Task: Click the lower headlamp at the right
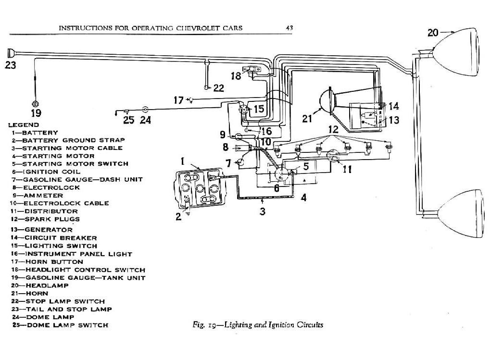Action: (462, 212)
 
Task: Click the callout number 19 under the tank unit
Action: (36, 113)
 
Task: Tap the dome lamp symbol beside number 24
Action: (145, 110)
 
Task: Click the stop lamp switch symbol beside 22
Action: (206, 87)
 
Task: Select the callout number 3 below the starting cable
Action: (262, 211)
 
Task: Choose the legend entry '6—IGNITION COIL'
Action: (46, 172)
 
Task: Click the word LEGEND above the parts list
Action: (24, 124)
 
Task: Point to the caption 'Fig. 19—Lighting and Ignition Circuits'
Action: (254, 325)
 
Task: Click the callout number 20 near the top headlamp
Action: (433, 32)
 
